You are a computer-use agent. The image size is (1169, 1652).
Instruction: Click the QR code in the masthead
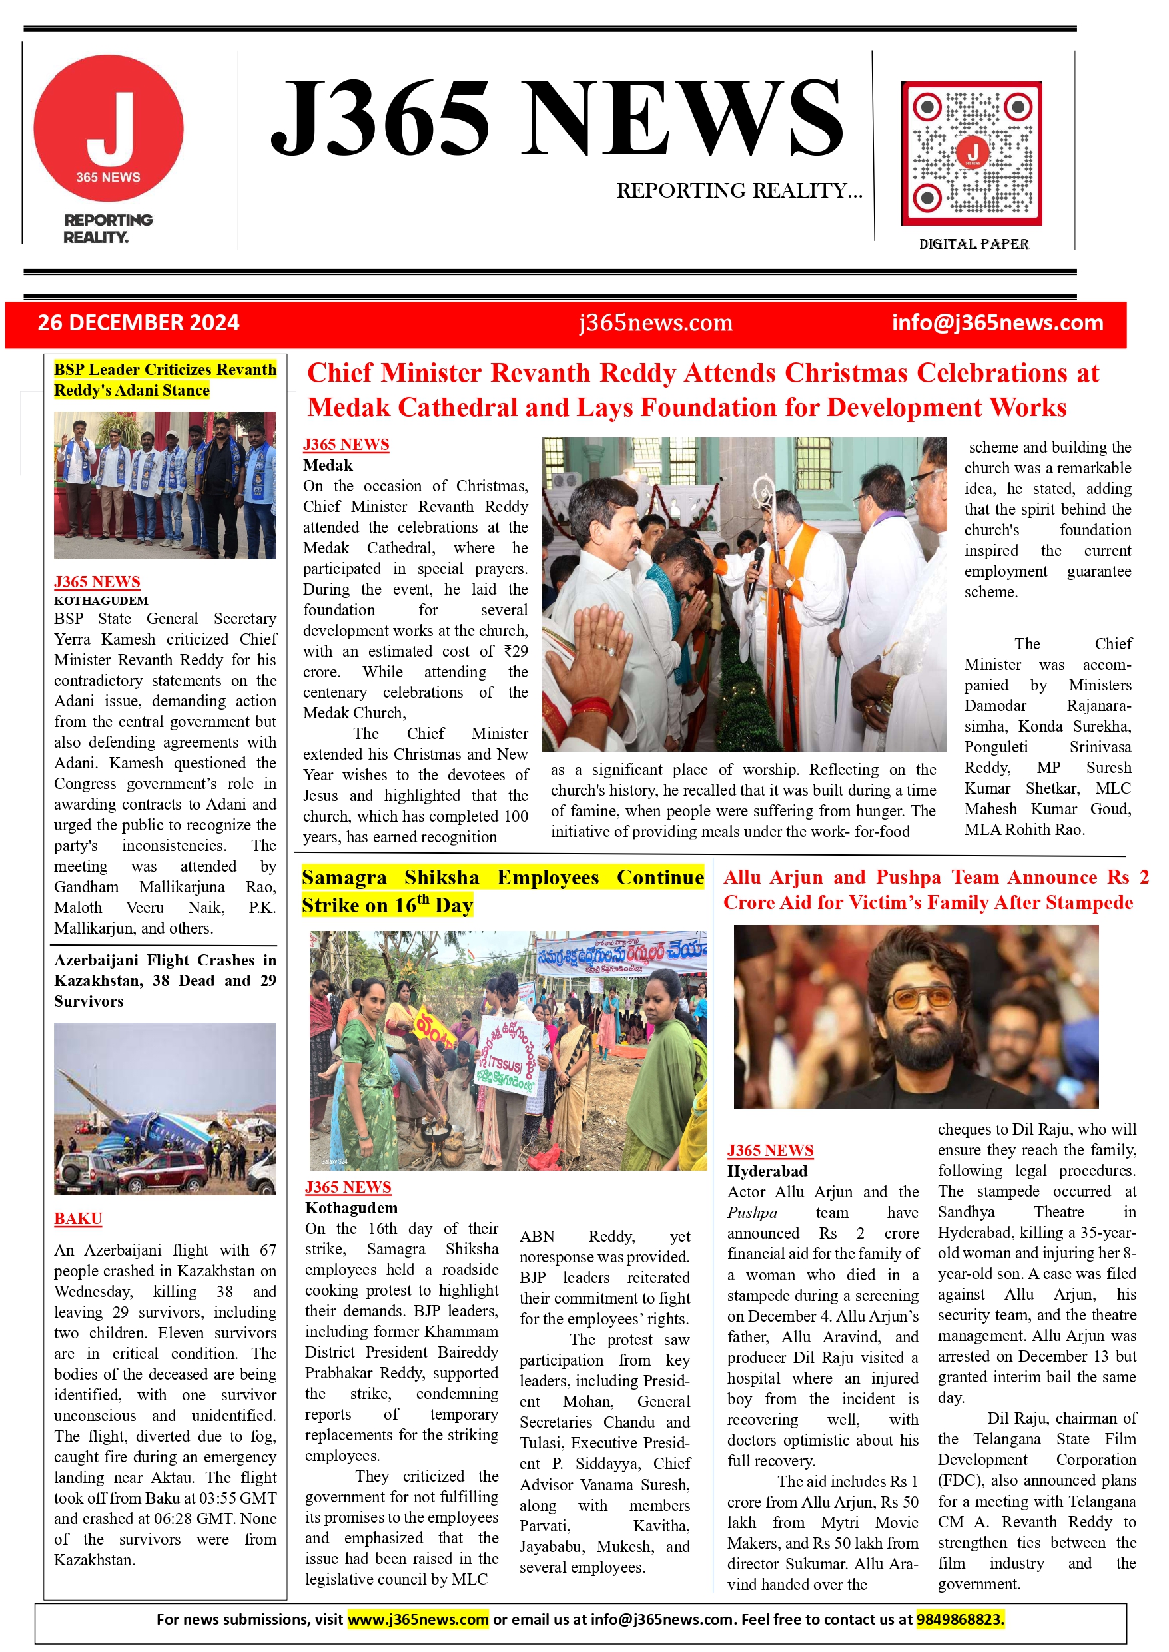[971, 153]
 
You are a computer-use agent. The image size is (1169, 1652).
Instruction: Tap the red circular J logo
[109, 128]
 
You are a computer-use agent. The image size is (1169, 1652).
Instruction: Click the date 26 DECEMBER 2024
[138, 322]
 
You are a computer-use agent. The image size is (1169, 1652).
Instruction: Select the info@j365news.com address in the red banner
[997, 322]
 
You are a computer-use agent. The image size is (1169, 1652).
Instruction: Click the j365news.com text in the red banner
[655, 322]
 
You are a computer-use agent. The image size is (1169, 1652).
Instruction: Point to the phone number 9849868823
[960, 1619]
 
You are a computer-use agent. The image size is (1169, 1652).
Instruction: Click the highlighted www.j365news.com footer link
[418, 1619]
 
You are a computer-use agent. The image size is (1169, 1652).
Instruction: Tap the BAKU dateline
[78, 1218]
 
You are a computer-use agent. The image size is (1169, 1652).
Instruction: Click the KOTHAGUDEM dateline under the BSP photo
[101, 600]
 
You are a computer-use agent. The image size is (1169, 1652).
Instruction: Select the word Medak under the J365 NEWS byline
[328, 465]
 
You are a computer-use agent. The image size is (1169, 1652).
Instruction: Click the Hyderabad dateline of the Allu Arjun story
[767, 1171]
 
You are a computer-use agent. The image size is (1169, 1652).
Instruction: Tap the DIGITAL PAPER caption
[973, 244]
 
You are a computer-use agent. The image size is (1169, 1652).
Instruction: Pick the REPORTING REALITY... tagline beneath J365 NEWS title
[739, 190]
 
